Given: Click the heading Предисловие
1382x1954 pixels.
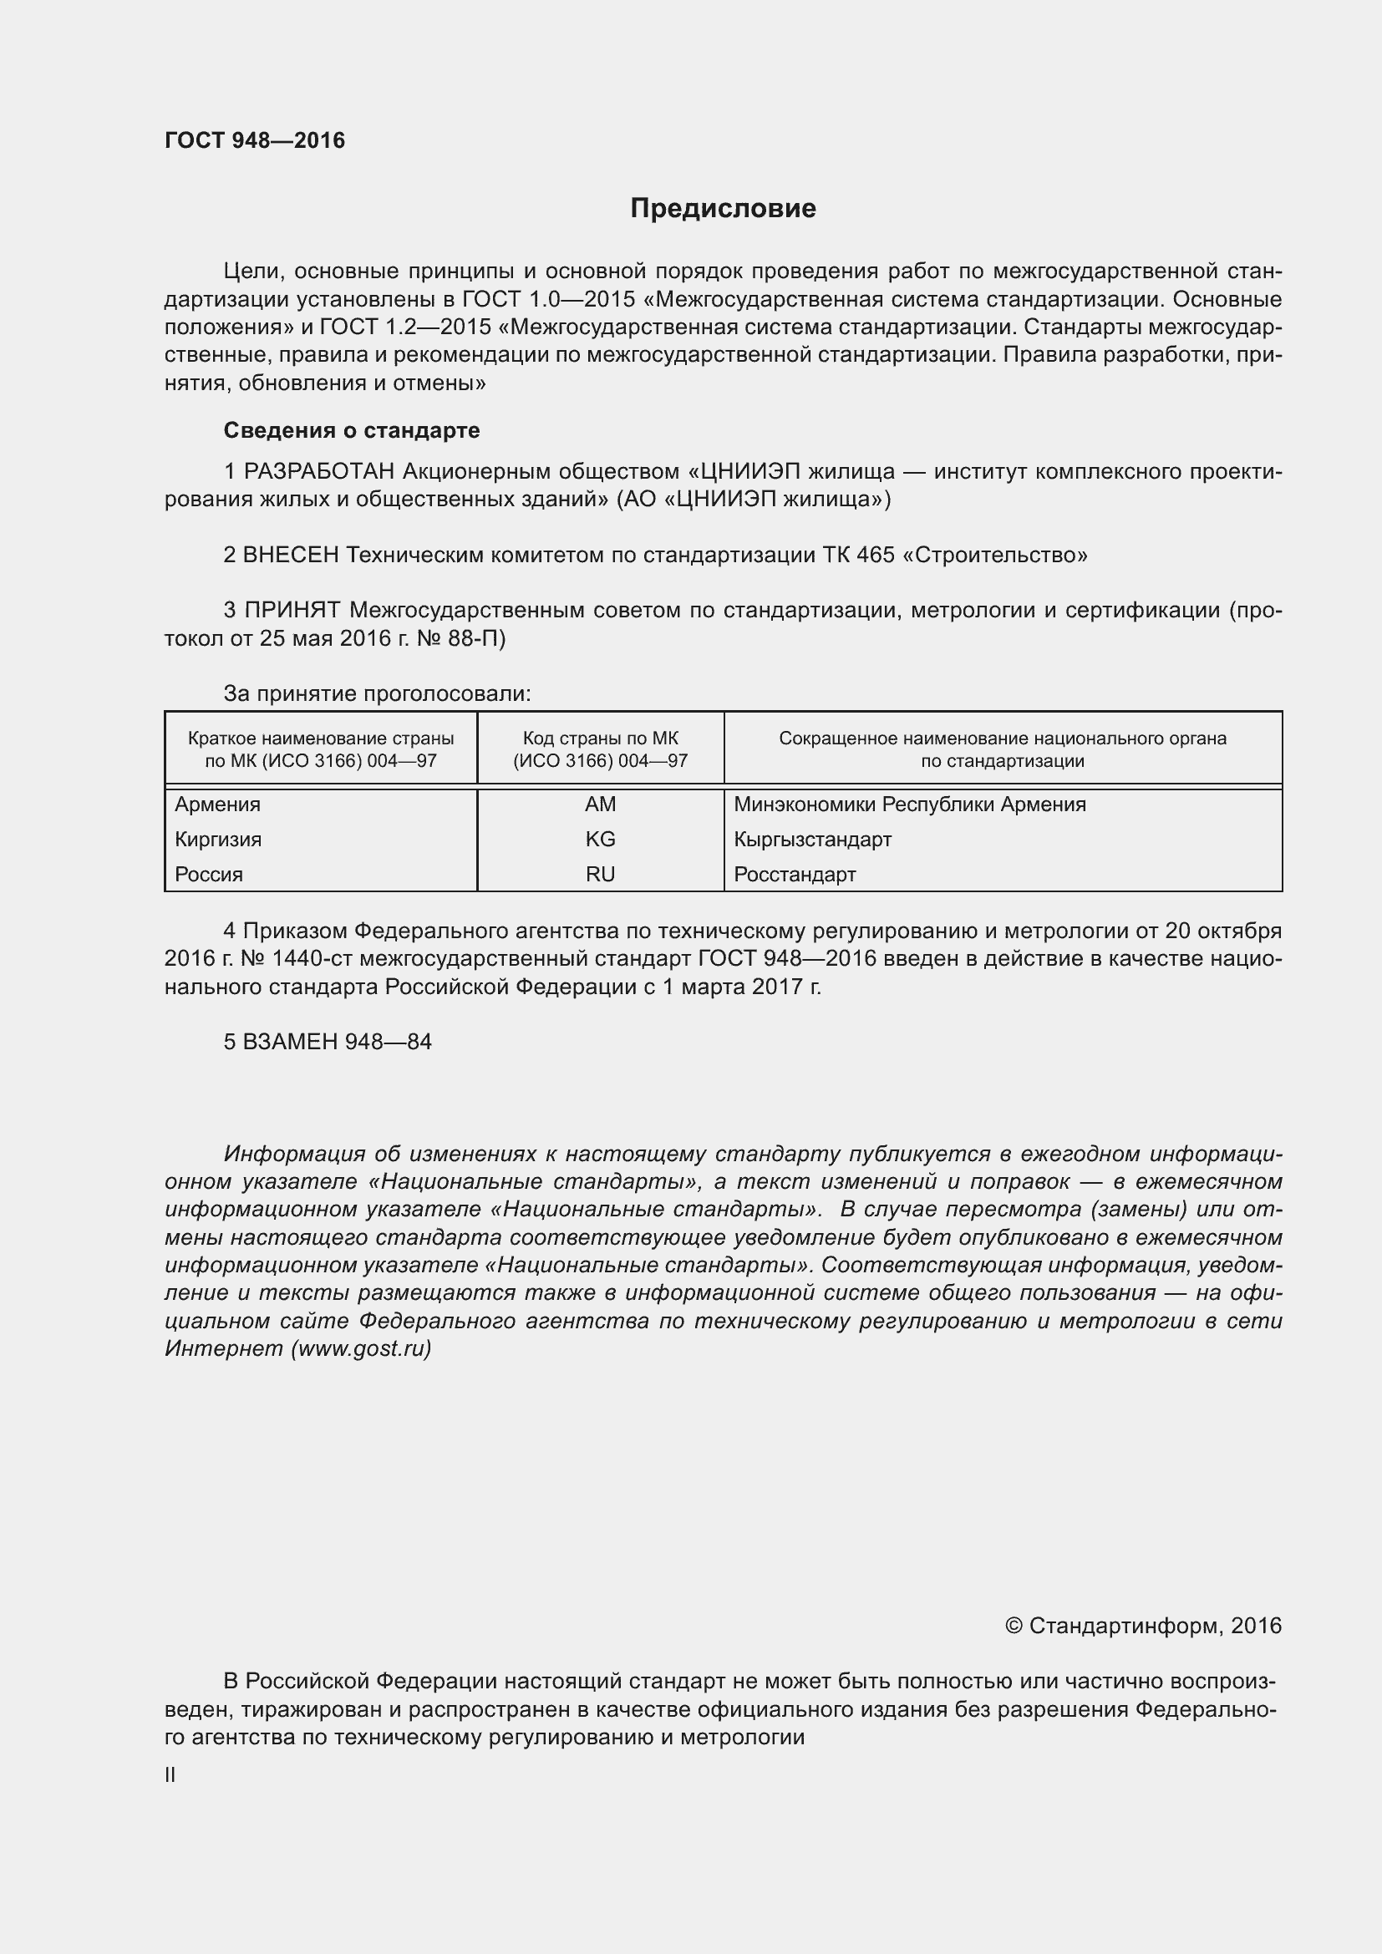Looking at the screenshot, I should [723, 209].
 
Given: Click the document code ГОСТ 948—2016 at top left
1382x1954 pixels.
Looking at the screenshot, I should [255, 140].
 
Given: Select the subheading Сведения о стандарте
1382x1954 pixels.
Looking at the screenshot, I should [352, 430].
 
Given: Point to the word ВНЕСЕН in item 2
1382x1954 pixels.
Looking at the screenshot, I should [291, 556].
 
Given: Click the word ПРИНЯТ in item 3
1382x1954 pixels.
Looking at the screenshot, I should [292, 610].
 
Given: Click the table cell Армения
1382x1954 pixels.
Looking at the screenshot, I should [218, 804].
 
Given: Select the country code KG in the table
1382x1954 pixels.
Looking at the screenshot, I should [600, 839].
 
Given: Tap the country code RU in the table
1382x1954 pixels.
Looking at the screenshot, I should [600, 874].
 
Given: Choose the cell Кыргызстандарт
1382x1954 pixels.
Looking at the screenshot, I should [812, 839].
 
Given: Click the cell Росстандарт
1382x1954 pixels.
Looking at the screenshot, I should [794, 874].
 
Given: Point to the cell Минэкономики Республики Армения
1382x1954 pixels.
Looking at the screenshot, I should [909, 804].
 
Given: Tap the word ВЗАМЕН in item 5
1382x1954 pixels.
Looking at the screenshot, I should [290, 1042].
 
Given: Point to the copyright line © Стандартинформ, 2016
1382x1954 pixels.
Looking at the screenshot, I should [1142, 1627].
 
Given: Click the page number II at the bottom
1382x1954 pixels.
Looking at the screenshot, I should [170, 1775].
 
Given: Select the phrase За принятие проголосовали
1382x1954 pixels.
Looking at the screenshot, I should [377, 694].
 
